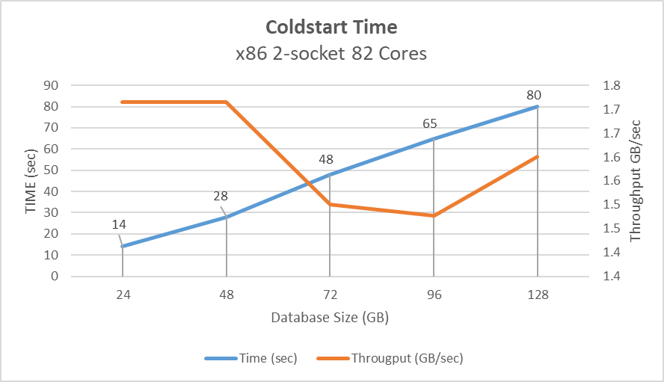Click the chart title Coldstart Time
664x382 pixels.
tap(331, 28)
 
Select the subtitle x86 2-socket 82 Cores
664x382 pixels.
tap(331, 54)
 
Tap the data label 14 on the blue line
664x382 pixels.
tap(120, 224)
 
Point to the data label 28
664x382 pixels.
tap(221, 196)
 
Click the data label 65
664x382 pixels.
tap(429, 123)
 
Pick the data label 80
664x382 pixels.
tap(533, 95)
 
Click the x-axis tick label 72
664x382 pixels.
tap(330, 295)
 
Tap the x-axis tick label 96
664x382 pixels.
tap(434, 295)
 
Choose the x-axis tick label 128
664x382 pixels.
tap(538, 295)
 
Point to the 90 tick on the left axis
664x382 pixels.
tap(50, 85)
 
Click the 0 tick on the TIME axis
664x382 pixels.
tap(54, 276)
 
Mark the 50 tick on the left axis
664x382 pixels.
tap(50, 170)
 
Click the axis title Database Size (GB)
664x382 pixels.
tap(330, 318)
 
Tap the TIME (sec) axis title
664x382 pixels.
tap(31, 180)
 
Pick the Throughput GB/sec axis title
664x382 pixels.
tap(636, 180)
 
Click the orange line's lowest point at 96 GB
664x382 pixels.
tap(434, 215)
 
